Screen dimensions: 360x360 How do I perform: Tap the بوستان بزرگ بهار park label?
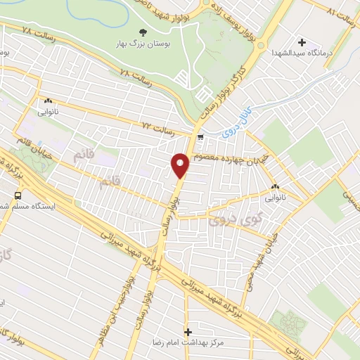pos(143,43)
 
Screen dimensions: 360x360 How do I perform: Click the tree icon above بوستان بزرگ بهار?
pos(143,32)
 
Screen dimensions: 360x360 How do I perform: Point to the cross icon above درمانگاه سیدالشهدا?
pos(302,42)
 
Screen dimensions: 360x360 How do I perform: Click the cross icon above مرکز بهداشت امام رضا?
pos(188,330)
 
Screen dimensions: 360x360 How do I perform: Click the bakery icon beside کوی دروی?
pos(274,187)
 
